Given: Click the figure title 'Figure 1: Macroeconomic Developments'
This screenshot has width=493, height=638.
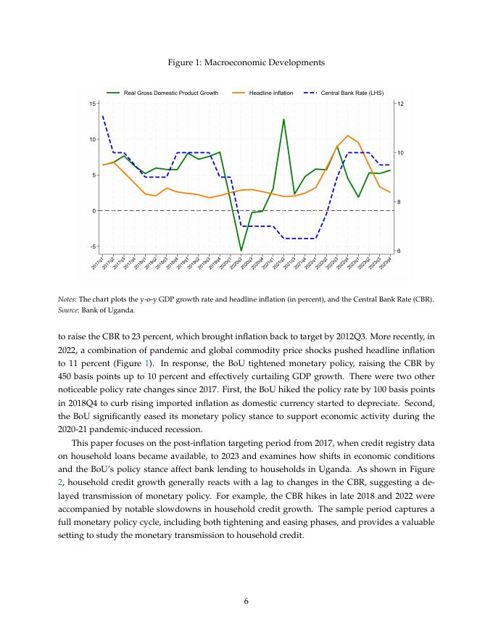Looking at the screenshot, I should [246, 63].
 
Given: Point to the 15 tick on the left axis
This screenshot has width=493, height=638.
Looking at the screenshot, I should [93, 104].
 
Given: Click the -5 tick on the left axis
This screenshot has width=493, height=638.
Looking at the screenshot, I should [93, 246].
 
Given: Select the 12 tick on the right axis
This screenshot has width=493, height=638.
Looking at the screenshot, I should [399, 104].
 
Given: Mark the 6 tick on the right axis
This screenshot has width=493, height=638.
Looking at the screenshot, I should [399, 251].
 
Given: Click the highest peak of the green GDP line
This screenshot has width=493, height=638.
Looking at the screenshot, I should [283, 119].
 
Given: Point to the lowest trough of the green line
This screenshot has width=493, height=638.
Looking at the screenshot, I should [241, 251].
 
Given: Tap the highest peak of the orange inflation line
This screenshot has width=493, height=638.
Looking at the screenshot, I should [348, 136].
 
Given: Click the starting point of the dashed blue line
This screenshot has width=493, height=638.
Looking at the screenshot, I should [103, 116].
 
